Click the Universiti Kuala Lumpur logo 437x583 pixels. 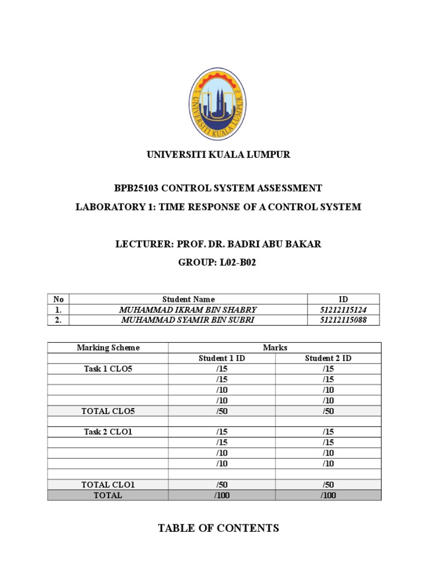point(218,104)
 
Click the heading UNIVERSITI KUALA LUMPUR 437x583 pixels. point(218,155)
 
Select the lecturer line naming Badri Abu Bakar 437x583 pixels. point(218,244)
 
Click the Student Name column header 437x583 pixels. point(188,299)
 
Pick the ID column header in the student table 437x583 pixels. point(343,299)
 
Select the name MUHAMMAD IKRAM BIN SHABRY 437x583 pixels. point(188,310)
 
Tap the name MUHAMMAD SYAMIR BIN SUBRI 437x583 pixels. point(188,320)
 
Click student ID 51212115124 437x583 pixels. point(343,310)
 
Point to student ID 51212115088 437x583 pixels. point(343,320)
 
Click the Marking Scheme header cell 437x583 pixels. point(108,347)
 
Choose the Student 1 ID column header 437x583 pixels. point(222,358)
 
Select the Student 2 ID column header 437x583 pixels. point(328,358)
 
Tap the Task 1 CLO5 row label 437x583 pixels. point(108,369)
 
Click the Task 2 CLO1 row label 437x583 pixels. point(108,432)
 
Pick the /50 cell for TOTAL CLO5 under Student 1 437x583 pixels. point(222,411)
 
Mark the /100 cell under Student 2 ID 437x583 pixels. point(328,495)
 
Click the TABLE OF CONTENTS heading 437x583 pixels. point(218,528)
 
